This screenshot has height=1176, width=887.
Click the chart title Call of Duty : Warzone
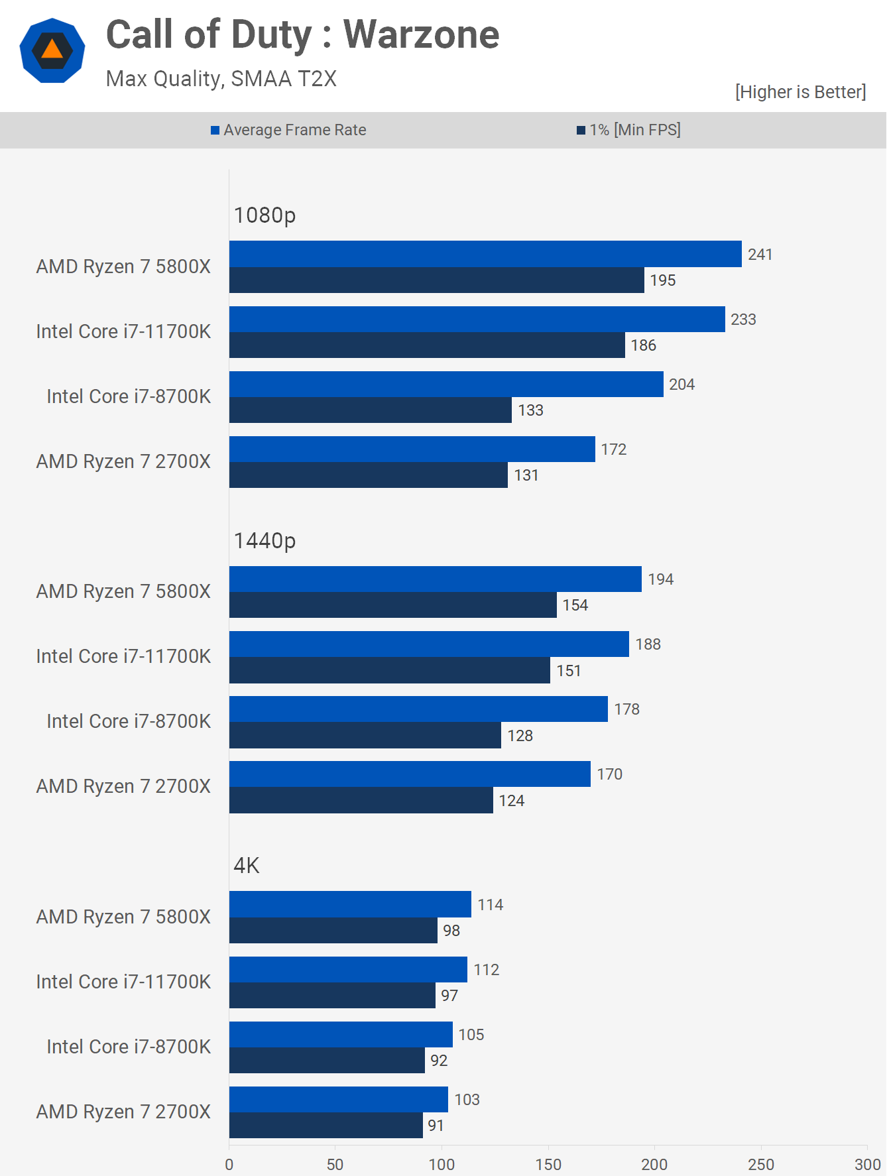[302, 34]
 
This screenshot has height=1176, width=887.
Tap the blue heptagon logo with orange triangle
[52, 51]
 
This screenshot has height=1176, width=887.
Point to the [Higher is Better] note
[800, 91]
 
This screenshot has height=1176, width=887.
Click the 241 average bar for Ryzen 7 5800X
[485, 254]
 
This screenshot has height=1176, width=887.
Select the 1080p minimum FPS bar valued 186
[427, 345]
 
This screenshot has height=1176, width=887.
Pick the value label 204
[681, 384]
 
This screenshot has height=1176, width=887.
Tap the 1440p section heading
[265, 541]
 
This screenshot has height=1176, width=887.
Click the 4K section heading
[247, 866]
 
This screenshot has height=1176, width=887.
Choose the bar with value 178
[418, 709]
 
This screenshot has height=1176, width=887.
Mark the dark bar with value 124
[361, 800]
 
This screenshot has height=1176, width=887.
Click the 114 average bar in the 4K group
[350, 904]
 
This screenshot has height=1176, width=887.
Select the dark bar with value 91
[326, 1126]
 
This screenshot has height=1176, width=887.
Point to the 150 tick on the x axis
[548, 1164]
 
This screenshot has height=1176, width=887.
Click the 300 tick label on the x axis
[867, 1164]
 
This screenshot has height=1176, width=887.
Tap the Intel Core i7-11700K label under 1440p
[123, 656]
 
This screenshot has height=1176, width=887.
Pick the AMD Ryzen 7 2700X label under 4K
[123, 1112]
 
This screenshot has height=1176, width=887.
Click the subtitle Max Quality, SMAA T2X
[221, 79]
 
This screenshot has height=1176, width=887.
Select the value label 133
[530, 410]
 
